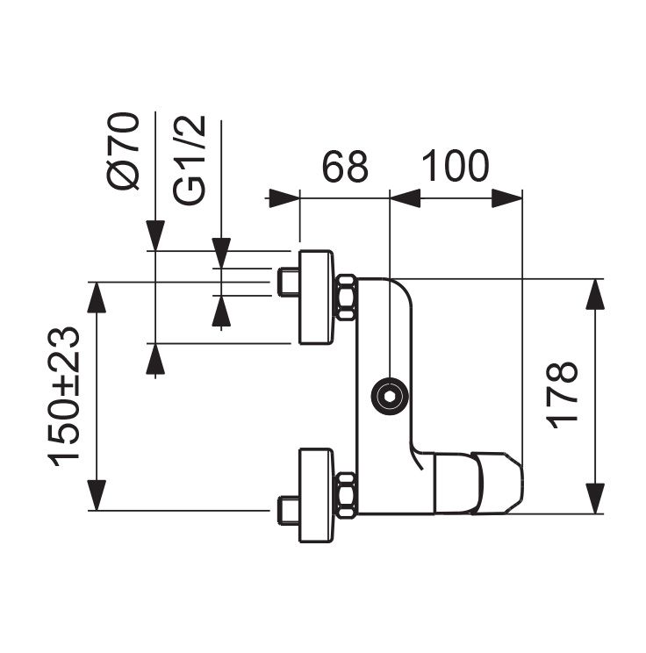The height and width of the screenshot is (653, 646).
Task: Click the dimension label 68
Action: coord(344,166)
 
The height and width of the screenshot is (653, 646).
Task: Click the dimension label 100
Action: coord(455,166)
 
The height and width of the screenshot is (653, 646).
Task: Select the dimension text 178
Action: coord(563,394)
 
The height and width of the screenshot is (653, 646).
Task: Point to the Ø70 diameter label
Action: coord(125,150)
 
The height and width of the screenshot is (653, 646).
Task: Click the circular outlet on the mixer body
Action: coord(387,396)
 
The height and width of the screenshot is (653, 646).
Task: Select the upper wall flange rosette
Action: coord(316,297)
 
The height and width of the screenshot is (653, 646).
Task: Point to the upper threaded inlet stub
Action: coord(286,283)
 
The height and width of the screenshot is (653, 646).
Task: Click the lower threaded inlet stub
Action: coord(286,509)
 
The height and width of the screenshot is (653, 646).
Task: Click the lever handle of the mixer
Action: coord(481,481)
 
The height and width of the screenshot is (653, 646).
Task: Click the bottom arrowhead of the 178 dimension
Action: coord(597,498)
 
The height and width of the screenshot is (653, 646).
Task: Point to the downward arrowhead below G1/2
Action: coord(221,250)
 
